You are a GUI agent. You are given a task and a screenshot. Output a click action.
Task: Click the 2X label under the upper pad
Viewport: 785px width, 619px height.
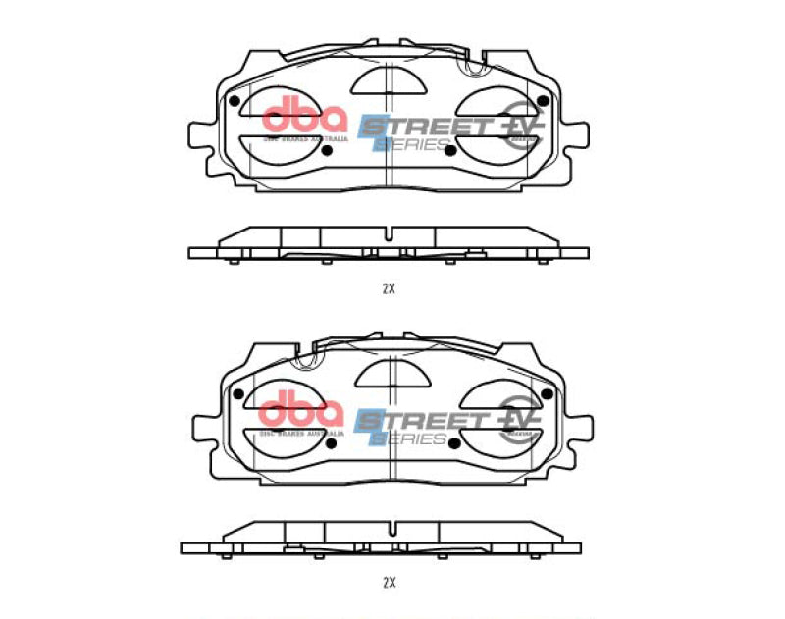pos(388,289)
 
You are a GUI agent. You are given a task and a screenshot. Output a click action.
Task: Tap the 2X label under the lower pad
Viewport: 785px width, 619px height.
pos(388,582)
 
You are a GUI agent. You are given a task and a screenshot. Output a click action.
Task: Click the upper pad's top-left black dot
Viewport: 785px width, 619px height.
pos(234,101)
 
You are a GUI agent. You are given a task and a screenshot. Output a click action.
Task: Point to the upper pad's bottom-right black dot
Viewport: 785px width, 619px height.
pos(448,150)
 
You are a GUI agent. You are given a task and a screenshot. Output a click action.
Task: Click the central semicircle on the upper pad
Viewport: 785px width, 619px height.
pos(390,78)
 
